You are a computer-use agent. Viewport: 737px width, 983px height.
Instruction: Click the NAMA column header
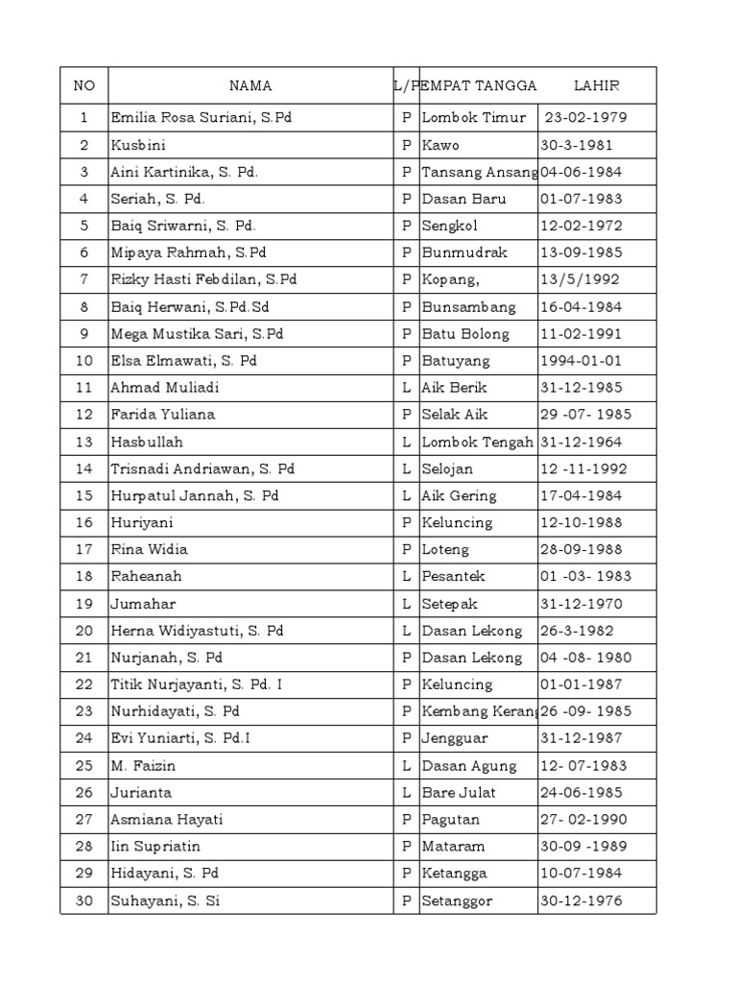coord(250,85)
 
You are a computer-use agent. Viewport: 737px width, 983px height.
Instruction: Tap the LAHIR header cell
coord(597,85)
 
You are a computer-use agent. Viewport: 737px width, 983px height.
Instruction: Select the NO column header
coord(84,85)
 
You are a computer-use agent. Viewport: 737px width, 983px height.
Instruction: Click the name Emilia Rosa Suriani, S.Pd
coord(202,118)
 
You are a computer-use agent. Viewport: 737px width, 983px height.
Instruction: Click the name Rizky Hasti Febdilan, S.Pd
coord(204,280)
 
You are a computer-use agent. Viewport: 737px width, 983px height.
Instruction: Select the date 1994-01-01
coord(582,361)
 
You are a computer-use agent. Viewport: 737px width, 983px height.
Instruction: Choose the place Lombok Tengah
coord(478,443)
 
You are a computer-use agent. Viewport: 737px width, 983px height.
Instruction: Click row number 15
coord(84,496)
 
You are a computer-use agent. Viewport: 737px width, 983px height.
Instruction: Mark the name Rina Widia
coord(150,550)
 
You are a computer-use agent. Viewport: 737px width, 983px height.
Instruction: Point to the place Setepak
coord(450,604)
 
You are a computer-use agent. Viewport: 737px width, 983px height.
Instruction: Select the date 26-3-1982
coord(577,631)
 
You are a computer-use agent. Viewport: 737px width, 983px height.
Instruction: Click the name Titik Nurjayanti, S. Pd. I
coord(197,684)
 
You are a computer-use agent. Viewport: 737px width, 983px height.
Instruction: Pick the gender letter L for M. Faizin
coord(407,766)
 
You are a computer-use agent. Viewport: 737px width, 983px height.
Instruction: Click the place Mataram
coord(454,847)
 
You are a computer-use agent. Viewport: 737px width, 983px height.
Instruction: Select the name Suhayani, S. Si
coord(166,900)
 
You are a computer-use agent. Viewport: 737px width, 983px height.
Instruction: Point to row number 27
coord(84,820)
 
